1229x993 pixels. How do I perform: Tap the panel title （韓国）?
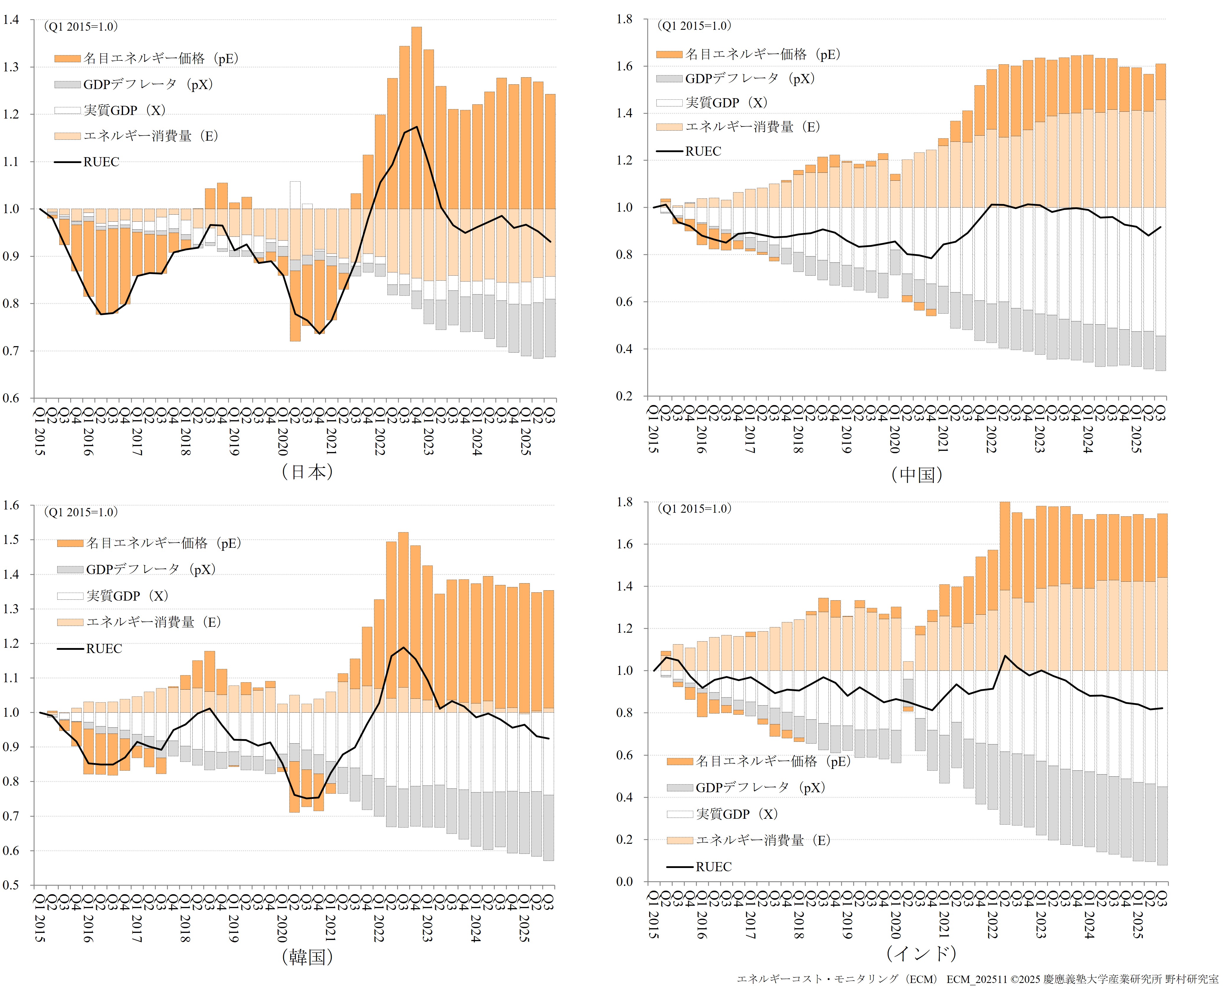pyautogui.click(x=307, y=957)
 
